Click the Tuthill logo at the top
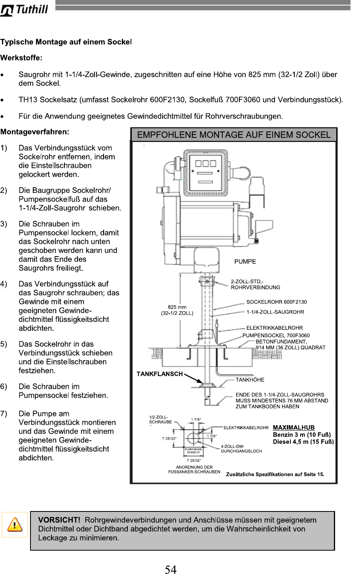click(x=25, y=10)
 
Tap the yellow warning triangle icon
click(x=15, y=525)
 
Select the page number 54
click(x=171, y=569)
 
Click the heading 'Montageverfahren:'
click(x=35, y=131)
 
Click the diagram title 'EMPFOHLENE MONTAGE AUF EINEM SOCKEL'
click(x=233, y=135)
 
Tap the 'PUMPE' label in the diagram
click(x=245, y=261)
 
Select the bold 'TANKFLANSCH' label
click(x=160, y=374)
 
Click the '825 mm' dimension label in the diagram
click(x=177, y=307)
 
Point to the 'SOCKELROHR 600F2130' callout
click(x=277, y=302)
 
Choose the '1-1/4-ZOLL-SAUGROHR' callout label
click(x=275, y=312)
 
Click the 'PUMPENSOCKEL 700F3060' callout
click(x=276, y=336)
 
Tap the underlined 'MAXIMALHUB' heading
click(x=294, y=428)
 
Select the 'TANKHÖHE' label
click(x=250, y=380)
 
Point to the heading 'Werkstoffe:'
click(x=21, y=58)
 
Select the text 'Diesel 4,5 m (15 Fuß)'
click(x=303, y=442)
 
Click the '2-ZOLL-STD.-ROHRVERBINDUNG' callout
click(x=256, y=285)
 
